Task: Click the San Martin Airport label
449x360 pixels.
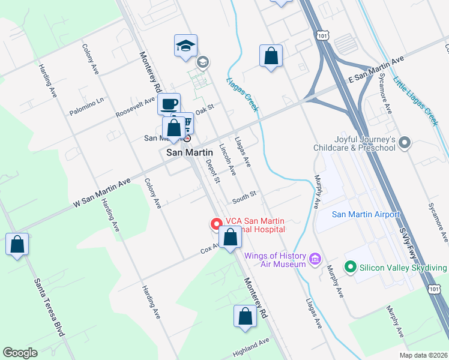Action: pos(366,215)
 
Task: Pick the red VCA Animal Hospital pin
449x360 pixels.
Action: pos(215,224)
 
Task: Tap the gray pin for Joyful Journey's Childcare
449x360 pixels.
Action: pos(405,143)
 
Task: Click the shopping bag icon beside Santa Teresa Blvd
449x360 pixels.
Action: pos(17,244)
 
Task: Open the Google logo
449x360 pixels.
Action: pos(20,353)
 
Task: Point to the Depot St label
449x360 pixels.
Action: pos(213,170)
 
